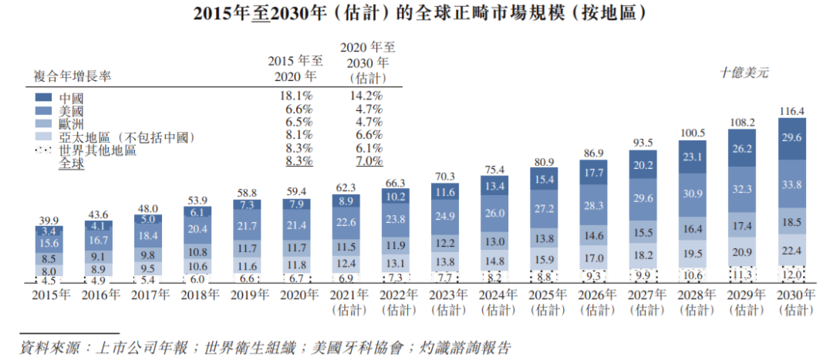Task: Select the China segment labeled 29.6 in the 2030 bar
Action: [787, 138]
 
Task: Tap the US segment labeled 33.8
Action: [787, 183]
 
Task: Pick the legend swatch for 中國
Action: [43, 98]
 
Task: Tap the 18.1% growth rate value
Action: [297, 96]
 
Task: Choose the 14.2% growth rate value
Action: [367, 96]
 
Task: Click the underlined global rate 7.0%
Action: [367, 161]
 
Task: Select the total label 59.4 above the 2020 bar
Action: [298, 190]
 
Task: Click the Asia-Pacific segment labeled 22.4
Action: [787, 250]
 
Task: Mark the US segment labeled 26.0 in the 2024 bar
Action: [495, 213]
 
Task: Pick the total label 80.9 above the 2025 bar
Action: [545, 162]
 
